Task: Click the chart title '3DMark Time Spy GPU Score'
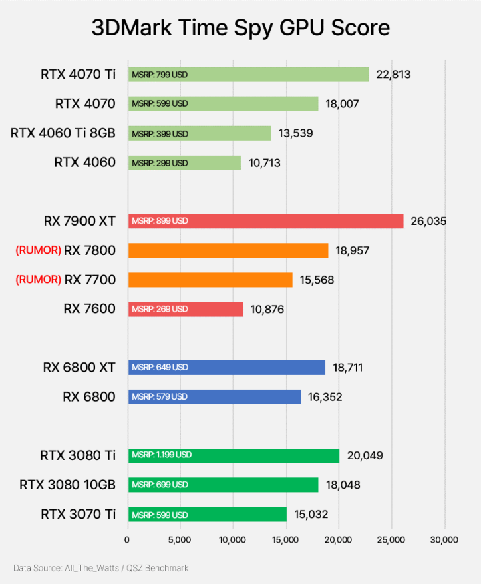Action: click(240, 28)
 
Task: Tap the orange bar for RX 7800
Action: click(228, 250)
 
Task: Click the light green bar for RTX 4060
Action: click(184, 163)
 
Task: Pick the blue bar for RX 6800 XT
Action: click(226, 368)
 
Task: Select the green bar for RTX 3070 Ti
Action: click(207, 514)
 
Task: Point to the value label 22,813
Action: click(393, 75)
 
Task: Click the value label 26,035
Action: click(428, 221)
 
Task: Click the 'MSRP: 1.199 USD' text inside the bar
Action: click(161, 455)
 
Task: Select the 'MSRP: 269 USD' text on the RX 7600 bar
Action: click(160, 309)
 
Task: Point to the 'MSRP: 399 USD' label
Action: click(160, 134)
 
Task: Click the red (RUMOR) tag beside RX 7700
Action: click(38, 280)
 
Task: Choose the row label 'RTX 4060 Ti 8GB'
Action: click(63, 133)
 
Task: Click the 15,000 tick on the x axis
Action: click(286, 539)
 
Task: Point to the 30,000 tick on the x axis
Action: click(444, 539)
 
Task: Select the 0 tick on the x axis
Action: click(128, 539)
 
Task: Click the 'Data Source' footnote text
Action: click(101, 568)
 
